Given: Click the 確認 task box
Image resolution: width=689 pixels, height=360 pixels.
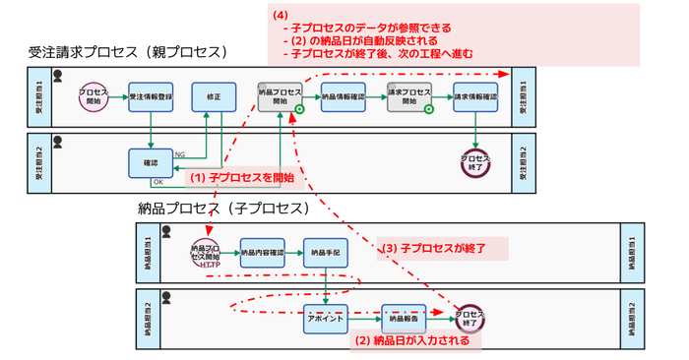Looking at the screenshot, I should point(151,161).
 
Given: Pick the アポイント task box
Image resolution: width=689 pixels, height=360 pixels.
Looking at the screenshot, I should point(325,319).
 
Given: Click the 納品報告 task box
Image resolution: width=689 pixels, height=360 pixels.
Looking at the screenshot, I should point(405,319).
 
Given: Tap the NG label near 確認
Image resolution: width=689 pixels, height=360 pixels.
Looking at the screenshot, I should point(180,154).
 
